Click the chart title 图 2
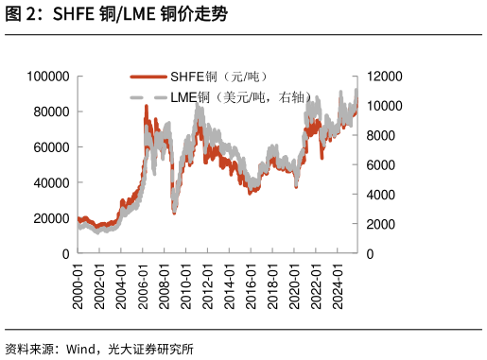(116, 14)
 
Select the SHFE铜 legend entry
(199, 77)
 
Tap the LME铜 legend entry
(220, 97)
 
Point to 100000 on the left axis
(48, 77)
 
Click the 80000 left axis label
(51, 111)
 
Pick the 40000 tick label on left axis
(51, 182)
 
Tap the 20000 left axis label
(51, 218)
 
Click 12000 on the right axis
(385, 77)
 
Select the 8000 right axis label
(381, 135)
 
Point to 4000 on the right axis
(381, 195)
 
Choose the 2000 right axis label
(381, 224)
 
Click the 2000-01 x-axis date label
(78, 286)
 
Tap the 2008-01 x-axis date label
(165, 286)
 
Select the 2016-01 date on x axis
(251, 286)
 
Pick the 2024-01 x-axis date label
(338, 286)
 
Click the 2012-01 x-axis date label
(208, 286)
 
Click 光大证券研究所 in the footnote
(150, 349)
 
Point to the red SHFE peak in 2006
(147, 106)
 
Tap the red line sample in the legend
(148, 77)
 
